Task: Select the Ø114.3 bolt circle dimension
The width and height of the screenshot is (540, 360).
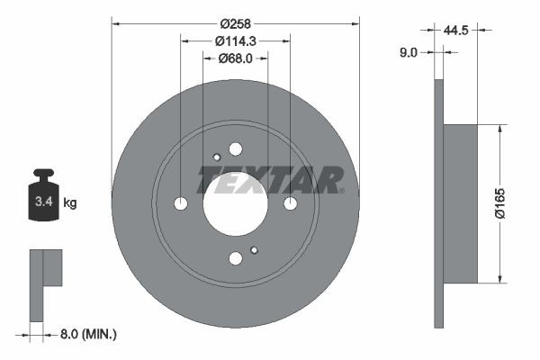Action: point(236,40)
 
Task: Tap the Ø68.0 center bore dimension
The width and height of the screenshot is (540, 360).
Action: point(236,58)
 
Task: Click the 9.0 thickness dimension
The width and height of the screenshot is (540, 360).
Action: point(408,53)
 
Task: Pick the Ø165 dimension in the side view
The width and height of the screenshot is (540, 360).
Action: point(512,204)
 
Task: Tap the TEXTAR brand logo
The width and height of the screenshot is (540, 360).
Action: point(271,180)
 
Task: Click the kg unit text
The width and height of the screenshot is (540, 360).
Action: point(70,203)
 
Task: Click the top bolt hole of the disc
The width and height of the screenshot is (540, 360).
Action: point(236,149)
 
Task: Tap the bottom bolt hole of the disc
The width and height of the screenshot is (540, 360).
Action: point(236,259)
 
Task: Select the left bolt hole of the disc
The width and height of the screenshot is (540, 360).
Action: point(181,204)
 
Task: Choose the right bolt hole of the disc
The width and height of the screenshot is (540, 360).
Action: point(291,204)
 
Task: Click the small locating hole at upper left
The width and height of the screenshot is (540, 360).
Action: point(216,157)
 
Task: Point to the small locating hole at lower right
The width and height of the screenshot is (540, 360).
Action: point(255,250)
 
